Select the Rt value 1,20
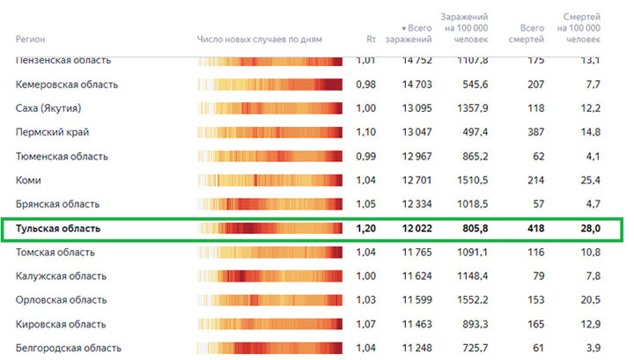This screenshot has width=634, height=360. pos(365,229)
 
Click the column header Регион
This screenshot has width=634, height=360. pos(31,40)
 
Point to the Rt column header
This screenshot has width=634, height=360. pos(371,40)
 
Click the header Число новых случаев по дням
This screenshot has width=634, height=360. pos(260,40)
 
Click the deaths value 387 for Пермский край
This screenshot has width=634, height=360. pos(534,132)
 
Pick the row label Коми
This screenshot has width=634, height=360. pos(28,180)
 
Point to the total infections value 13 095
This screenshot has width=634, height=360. pos(417,108)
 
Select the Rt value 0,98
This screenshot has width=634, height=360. pos(365,84)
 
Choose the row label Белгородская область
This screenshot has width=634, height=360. pos(69,348)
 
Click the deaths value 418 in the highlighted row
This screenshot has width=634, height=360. pos(534,229)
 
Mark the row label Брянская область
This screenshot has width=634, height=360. pos(59,204)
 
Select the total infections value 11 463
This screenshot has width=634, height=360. pos(417,324)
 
